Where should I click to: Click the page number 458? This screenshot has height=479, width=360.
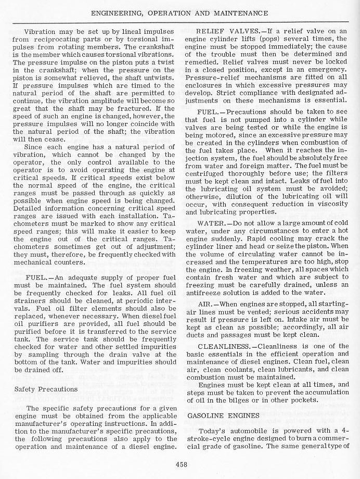[181, 465]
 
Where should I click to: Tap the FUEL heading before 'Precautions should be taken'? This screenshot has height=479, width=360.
[209, 112]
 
